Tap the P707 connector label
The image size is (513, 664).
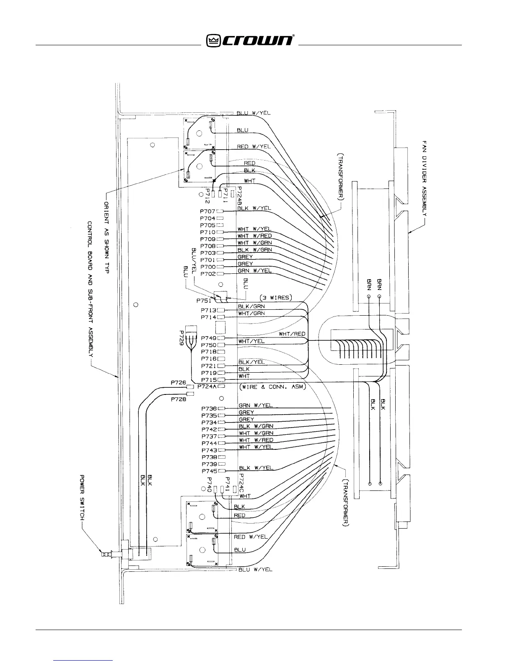point(207,212)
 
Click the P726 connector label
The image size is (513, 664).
point(178,382)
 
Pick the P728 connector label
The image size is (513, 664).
point(178,399)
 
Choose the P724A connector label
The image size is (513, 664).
point(206,386)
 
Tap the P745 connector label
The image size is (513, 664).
point(209,471)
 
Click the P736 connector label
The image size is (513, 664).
point(209,409)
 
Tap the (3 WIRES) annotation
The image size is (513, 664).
point(275,298)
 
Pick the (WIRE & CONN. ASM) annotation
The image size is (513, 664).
point(272,387)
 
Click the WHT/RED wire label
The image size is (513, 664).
point(292,334)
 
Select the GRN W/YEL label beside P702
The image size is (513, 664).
point(254,271)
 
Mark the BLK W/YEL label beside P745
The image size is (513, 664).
point(256,468)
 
